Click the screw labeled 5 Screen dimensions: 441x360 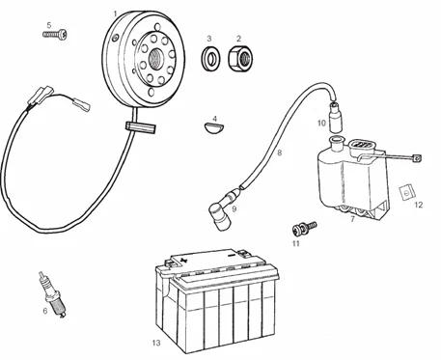tap(55, 34)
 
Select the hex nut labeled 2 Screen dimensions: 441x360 tap(240, 58)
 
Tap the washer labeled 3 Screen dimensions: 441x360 tap(210, 58)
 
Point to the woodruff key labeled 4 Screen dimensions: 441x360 tap(214, 127)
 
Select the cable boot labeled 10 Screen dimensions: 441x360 tap(336, 117)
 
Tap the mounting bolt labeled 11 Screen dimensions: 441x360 tap(304, 227)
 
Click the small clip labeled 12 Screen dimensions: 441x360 tap(407, 192)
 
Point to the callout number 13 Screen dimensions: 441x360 tap(156, 343)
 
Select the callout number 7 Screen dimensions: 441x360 tap(352, 220)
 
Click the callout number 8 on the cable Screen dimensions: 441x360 tap(279, 152)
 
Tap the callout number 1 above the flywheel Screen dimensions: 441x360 tap(115, 14)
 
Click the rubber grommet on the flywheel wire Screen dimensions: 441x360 tap(141, 127)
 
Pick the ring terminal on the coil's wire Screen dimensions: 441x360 tap(417, 158)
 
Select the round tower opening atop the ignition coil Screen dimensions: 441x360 tap(337, 140)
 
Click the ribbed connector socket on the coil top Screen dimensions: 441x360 tap(362, 144)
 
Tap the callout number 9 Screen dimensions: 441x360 tap(234, 209)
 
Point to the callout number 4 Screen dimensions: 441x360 tap(215, 119)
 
